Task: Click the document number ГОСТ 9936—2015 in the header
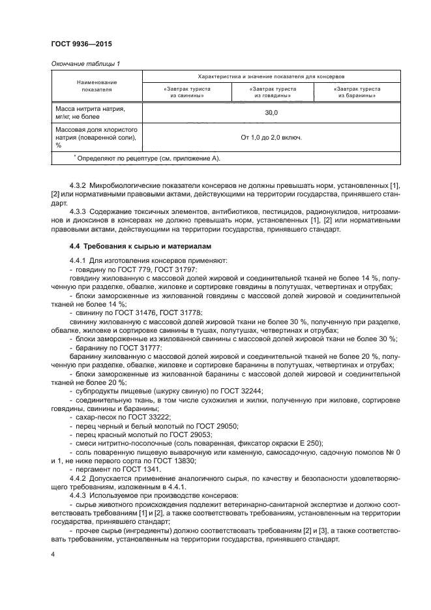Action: [77, 44]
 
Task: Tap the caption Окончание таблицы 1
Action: [85, 63]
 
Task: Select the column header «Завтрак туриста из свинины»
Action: [183, 92]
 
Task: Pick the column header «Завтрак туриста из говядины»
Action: [271, 92]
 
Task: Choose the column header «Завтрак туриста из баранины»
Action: [357, 92]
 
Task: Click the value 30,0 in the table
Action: [271, 113]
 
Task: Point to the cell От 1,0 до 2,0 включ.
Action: [271, 138]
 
